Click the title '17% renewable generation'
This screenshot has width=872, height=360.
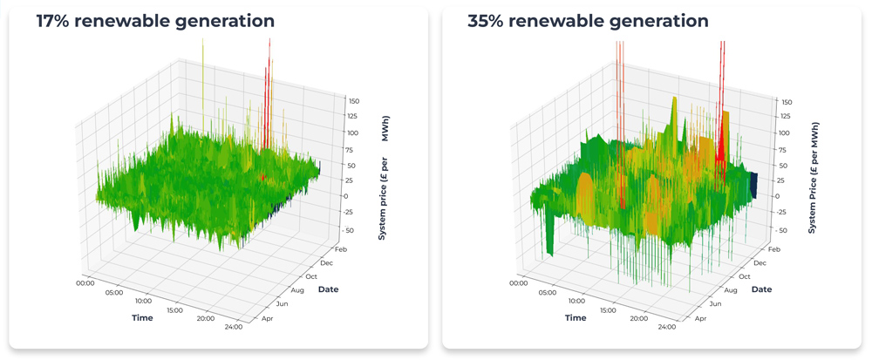pos(154,21)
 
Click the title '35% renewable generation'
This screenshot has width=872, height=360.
pos(587,21)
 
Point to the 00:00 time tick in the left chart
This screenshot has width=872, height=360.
pos(85,282)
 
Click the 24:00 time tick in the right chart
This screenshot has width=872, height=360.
pos(666,327)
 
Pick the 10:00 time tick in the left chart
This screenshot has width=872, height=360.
pos(143,301)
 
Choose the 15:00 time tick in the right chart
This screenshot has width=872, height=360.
pos(610,309)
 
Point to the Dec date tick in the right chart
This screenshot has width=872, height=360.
pos(760,262)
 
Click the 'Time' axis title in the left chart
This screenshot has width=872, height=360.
pos(142,318)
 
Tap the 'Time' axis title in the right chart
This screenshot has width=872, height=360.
pos(575,318)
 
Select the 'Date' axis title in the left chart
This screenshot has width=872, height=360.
pos(329,289)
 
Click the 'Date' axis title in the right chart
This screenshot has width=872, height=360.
pos(761,289)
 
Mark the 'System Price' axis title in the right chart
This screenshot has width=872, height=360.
pos(812,178)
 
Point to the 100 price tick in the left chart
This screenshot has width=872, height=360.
pos(351,133)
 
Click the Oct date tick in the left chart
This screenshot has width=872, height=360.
pos(310,276)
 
